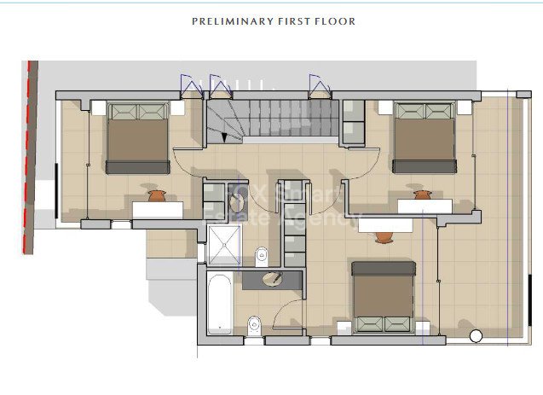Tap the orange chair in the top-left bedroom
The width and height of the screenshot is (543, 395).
click(156, 196)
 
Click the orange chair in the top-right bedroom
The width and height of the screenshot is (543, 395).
click(421, 196)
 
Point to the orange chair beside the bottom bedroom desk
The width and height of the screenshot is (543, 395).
click(384, 236)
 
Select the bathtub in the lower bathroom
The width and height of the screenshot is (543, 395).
click(219, 305)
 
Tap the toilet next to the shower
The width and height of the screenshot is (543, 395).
click(263, 253)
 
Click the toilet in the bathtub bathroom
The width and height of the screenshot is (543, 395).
click(254, 324)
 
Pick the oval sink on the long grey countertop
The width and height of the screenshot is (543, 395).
click(272, 278)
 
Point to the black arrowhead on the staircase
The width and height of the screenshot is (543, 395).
click(224, 137)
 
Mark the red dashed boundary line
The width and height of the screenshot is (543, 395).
click(28, 158)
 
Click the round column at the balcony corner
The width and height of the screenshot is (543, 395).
click(476, 337)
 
